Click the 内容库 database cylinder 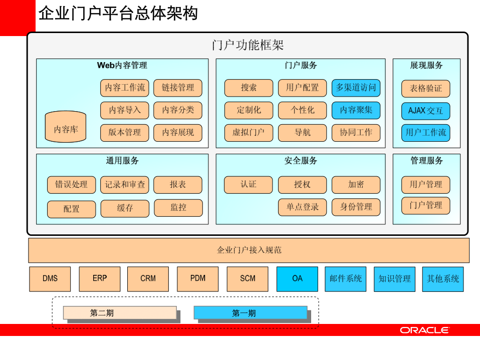(66, 129)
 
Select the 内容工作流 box (125, 88)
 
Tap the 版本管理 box (125, 133)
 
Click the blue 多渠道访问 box (356, 88)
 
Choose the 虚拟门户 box (249, 133)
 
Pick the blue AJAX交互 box (425, 111)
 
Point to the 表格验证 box (425, 89)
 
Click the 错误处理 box (71, 185)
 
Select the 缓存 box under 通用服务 (125, 208)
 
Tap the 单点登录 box (303, 207)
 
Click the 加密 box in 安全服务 (356, 185)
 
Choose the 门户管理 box (425, 205)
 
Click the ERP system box (100, 279)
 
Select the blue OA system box (297, 279)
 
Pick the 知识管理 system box (395, 279)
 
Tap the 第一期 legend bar (250, 313)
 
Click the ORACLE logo (424, 330)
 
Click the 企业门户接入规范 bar (249, 250)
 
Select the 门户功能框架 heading (248, 46)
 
